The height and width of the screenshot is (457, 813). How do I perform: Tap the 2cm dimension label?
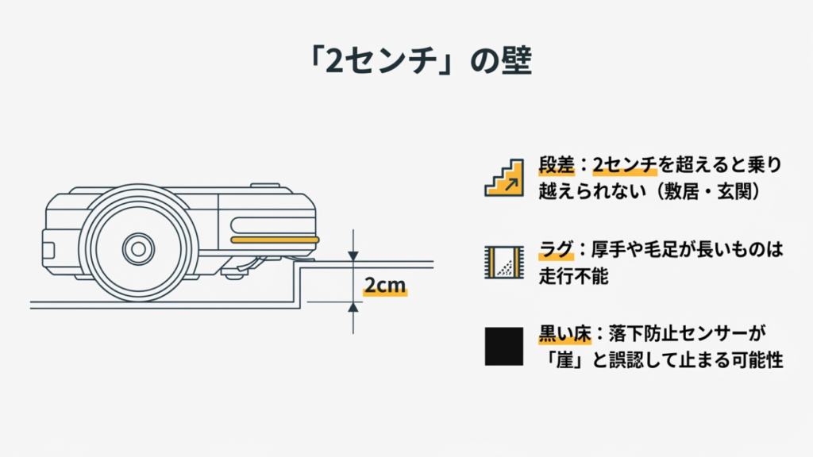tap(385, 286)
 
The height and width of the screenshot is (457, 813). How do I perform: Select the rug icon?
tap(503, 261)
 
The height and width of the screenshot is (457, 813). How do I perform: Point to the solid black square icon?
tap(503, 345)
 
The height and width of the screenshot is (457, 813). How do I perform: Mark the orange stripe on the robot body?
tap(274, 239)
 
